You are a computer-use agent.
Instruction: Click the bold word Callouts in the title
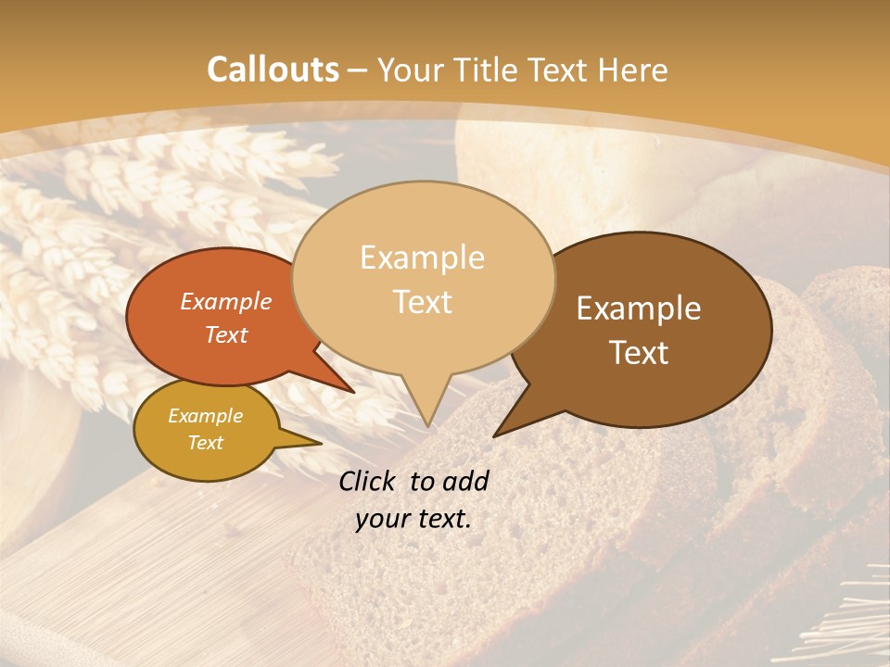273,69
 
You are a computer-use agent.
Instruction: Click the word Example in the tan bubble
422,258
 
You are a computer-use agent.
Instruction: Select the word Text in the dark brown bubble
639,353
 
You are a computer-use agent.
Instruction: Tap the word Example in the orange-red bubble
226,302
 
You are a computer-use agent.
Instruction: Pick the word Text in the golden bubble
206,443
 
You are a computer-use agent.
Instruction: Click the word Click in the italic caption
369,481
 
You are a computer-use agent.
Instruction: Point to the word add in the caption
465,481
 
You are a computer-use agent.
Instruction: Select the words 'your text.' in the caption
413,519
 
